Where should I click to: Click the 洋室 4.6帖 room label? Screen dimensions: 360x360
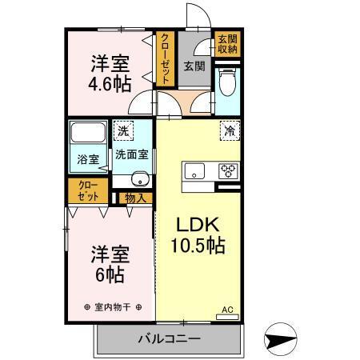(110, 74)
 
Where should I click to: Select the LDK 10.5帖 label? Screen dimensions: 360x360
(196, 234)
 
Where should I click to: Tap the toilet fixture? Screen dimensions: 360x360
(226, 82)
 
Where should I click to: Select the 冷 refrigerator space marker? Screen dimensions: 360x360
(228, 130)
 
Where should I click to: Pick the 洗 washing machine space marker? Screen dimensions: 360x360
(124, 130)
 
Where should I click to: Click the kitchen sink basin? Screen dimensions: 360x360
(195, 170)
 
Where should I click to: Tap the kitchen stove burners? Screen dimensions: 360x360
(227, 170)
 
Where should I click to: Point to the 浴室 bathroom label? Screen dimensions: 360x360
(88, 159)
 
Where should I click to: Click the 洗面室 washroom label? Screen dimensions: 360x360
(130, 154)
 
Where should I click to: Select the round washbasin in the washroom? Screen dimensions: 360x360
(139, 178)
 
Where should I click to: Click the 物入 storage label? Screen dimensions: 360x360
(134, 198)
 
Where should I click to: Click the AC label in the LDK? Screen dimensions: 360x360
(226, 309)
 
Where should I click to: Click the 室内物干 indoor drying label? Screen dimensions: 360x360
(112, 306)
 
